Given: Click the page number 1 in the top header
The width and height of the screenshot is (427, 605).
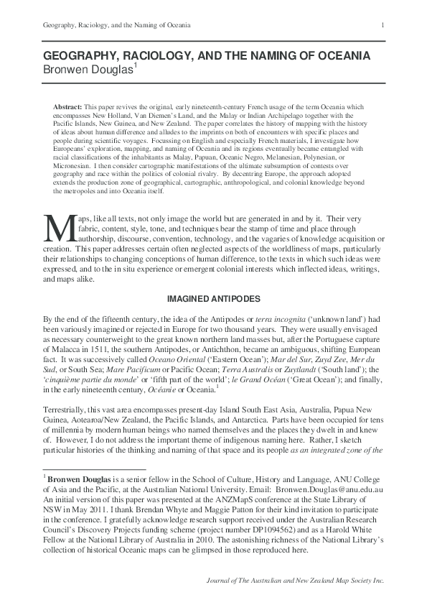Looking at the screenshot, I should (x=384, y=26).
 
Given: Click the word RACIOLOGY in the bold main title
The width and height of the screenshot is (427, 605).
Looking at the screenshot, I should (x=156, y=55).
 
